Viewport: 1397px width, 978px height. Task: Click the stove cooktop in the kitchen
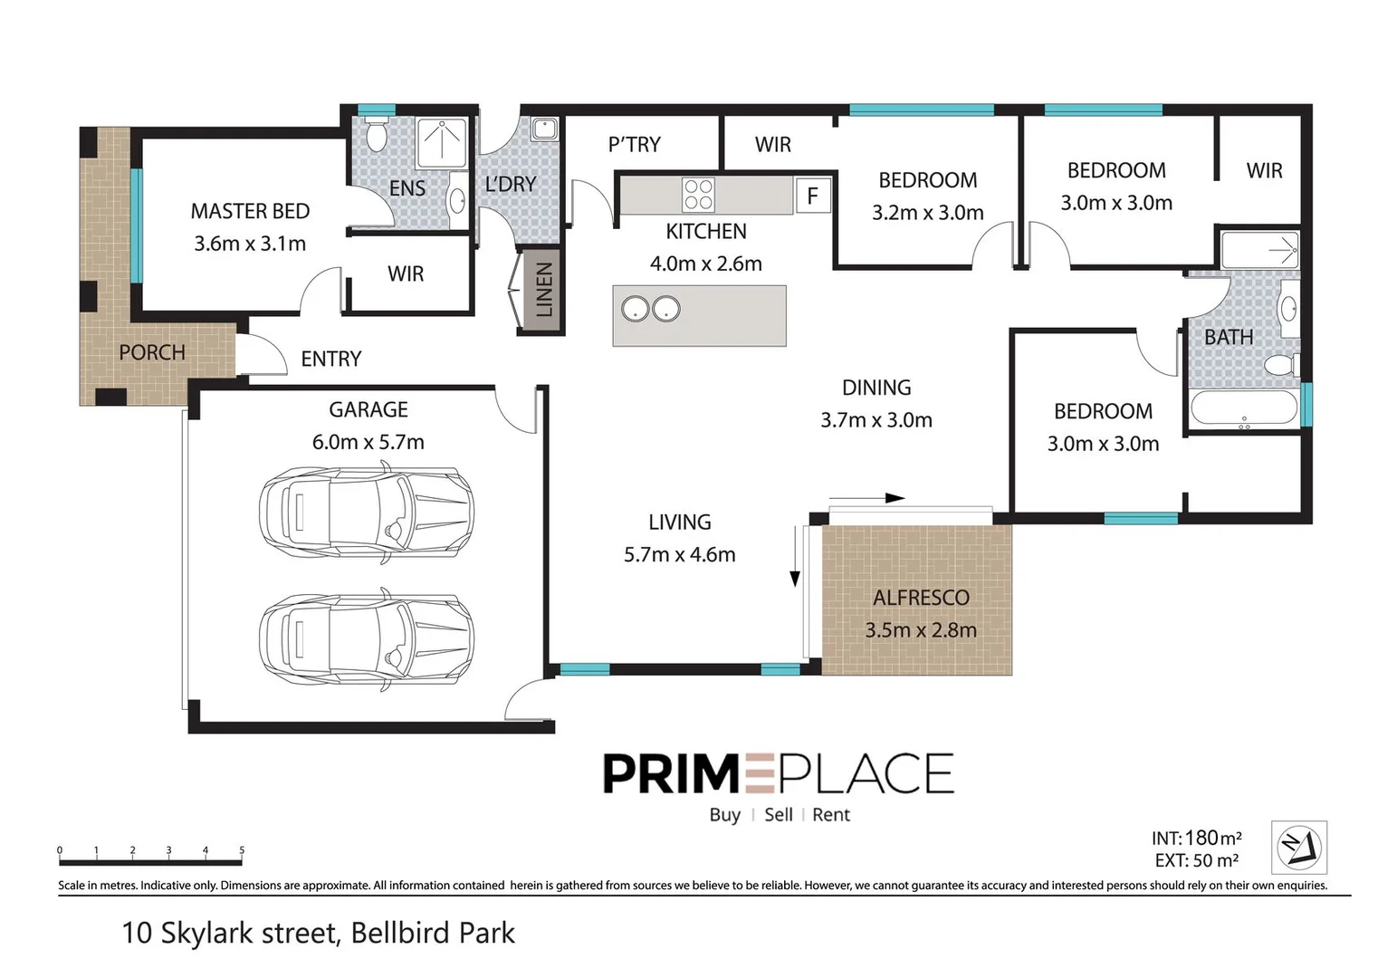coord(698,195)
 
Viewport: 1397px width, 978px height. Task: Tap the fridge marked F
coord(813,196)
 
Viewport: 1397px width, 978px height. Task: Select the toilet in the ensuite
coord(376,135)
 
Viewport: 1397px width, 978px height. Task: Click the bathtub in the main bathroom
coord(1244,409)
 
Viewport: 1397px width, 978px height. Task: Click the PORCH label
coord(152,352)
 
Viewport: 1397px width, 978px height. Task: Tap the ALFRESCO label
coord(921,598)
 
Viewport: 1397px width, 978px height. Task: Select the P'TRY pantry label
coord(635,144)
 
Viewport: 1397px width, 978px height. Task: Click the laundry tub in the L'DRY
coord(544,129)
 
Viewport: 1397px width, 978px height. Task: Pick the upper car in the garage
coord(367,513)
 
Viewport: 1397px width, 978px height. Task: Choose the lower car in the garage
coord(367,640)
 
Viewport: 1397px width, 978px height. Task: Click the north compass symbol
coord(1299,847)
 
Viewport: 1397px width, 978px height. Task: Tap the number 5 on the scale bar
coord(242,849)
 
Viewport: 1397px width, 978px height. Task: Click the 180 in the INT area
coord(1201,838)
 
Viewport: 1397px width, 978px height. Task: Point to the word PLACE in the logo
coord(865,773)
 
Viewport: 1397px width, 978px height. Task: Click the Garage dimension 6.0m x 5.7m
coord(368,442)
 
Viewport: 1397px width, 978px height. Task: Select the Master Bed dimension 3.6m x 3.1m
coord(250,244)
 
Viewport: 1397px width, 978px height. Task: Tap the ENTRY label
coord(331,359)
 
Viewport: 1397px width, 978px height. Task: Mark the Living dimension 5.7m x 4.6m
coord(680,554)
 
